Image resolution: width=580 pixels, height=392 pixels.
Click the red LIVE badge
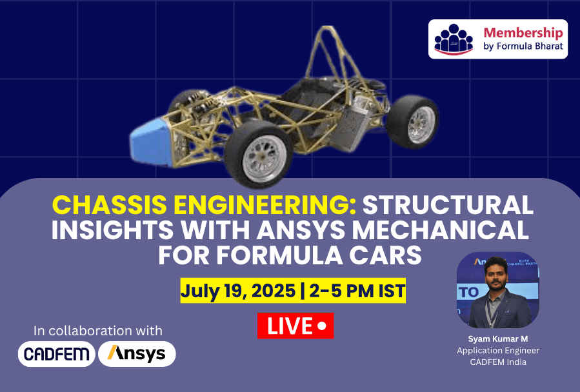[295, 326]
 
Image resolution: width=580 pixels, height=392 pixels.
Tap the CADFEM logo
[57, 354]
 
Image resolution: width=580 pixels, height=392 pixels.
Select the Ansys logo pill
[137, 354]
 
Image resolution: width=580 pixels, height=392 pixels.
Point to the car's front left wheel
[258, 155]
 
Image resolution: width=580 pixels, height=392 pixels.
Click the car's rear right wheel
[412, 122]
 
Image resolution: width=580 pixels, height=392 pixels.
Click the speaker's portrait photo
[498, 290]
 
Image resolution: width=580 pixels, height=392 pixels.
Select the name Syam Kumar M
[498, 338]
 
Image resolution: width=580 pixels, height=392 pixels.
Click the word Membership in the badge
[523, 33]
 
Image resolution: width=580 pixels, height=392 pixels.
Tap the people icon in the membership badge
[454, 39]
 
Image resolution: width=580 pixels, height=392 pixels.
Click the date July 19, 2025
[238, 291]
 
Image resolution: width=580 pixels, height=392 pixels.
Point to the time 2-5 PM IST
[357, 291]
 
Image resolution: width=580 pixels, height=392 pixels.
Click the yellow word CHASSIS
[110, 204]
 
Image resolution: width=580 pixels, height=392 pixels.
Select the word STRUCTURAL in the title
[448, 204]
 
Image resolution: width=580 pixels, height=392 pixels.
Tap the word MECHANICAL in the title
[440, 230]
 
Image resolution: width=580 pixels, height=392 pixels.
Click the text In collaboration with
[98, 331]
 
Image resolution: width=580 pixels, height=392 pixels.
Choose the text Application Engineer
[498, 351]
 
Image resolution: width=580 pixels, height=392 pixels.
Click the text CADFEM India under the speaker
[498, 362]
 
